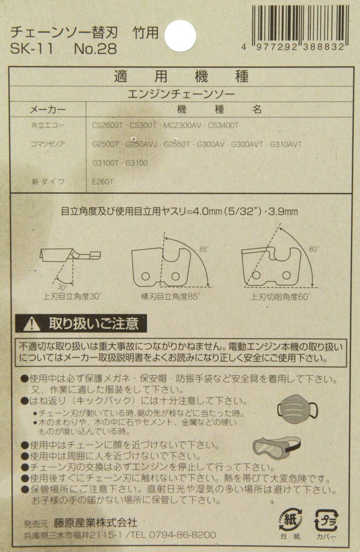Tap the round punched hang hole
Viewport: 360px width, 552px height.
181,35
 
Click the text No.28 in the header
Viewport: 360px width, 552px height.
96,49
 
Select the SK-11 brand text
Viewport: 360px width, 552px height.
31,49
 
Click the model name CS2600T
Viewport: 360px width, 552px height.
108,125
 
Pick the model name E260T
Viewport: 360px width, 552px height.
103,182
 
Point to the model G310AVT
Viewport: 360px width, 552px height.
285,144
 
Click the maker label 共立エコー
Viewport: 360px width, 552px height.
47,125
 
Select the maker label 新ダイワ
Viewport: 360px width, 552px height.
48,182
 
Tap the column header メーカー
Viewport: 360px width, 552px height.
47,109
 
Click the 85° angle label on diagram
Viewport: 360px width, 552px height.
204,250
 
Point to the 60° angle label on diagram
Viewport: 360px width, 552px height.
314,250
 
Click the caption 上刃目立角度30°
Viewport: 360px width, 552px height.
72,296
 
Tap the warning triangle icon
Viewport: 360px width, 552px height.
31,323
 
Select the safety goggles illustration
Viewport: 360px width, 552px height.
277,447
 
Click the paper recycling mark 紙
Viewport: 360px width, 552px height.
290,519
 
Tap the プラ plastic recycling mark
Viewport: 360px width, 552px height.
326,521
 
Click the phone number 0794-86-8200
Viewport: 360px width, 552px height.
182,535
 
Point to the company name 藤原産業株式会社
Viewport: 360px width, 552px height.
96,523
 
